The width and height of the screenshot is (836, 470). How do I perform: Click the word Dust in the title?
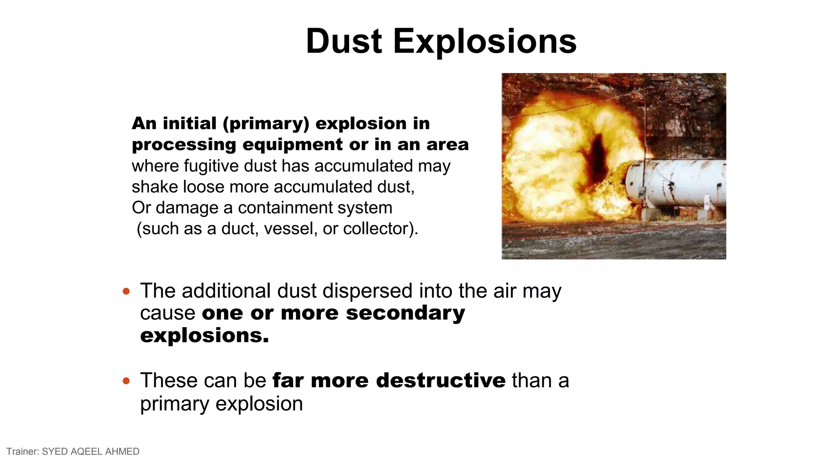coord(344,41)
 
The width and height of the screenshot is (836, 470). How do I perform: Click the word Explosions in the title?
coord(485,42)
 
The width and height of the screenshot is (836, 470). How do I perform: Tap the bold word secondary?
coord(405,313)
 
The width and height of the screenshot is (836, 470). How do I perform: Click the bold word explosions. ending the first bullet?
coord(205,335)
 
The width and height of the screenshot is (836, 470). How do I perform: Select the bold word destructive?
coord(441,381)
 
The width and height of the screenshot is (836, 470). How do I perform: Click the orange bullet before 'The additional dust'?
coord(126,291)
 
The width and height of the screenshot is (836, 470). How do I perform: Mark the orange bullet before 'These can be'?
coord(126,381)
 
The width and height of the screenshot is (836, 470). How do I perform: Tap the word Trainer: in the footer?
coord(22,452)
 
